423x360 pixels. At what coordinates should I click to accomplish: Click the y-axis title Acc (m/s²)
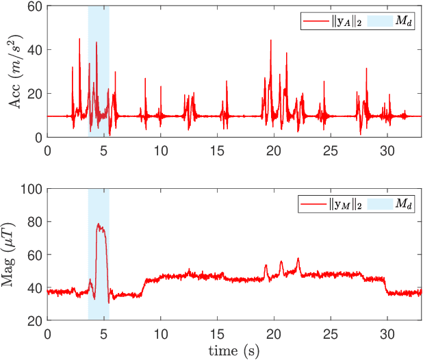pyautogui.click(x=14, y=71)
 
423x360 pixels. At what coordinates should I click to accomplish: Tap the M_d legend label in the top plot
pyautogui.click(x=402, y=21)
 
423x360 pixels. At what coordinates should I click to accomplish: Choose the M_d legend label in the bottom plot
pyautogui.click(x=402, y=204)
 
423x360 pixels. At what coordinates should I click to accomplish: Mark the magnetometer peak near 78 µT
pyautogui.click(x=99, y=224)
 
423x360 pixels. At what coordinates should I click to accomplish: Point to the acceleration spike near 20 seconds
pyautogui.click(x=271, y=40)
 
